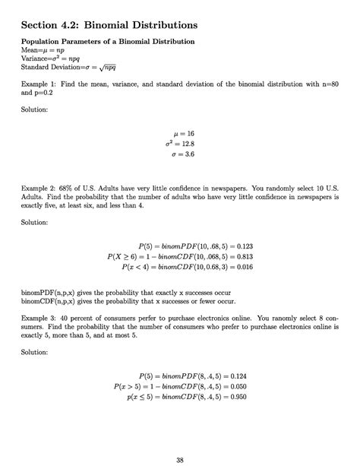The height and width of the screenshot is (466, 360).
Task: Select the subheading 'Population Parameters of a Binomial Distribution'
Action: tap(108, 40)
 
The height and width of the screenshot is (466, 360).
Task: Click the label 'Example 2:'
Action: tap(39, 185)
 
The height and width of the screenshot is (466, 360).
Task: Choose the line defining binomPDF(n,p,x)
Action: tap(125, 292)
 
